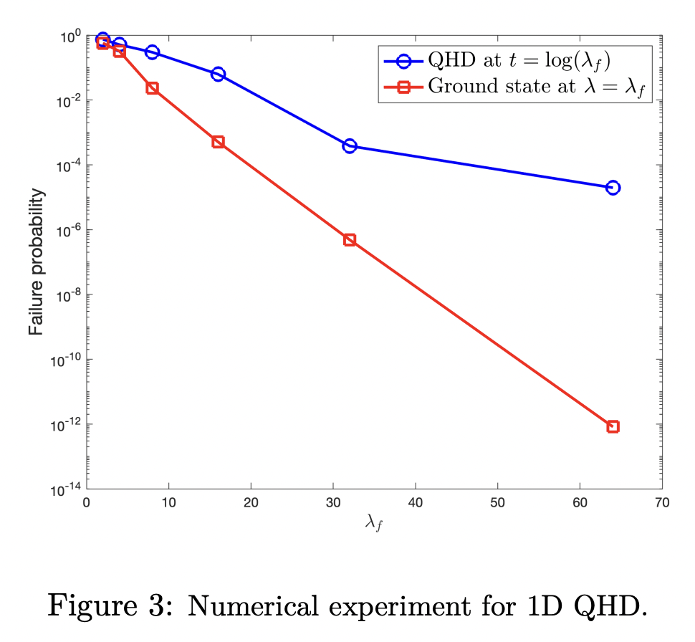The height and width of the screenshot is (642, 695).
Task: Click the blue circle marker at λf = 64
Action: [x=613, y=188]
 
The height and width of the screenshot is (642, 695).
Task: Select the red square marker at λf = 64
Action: [x=613, y=426]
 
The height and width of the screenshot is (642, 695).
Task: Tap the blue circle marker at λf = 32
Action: [x=350, y=146]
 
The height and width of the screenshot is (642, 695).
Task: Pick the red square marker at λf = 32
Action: [x=350, y=239]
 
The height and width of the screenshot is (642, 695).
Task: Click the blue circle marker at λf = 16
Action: [x=219, y=75]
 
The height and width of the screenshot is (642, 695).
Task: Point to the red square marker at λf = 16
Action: [x=219, y=142]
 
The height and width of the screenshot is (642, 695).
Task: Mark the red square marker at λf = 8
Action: [x=152, y=88]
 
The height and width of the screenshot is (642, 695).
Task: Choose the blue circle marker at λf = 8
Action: [x=152, y=52]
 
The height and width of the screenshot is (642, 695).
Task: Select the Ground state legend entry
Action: [x=516, y=87]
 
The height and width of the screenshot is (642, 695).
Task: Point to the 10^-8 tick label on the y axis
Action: [x=66, y=294]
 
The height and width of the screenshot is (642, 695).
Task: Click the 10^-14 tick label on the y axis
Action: [x=64, y=489]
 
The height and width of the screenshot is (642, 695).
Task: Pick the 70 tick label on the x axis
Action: [x=662, y=504]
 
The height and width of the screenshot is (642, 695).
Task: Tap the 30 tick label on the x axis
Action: [x=333, y=504]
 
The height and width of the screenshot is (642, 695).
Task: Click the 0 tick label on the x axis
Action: [x=87, y=504]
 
